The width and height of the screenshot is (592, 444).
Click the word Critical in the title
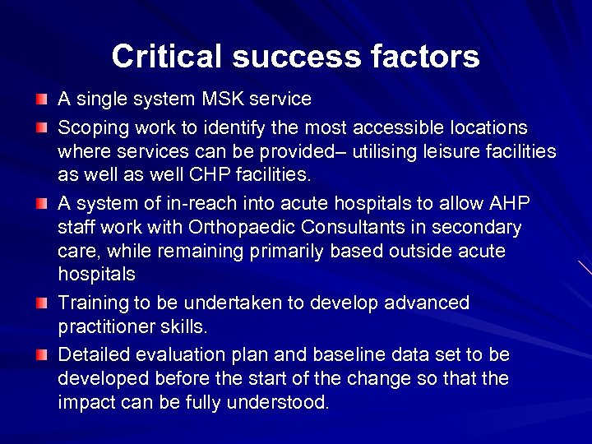click(167, 56)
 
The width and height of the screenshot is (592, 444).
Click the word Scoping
click(90, 128)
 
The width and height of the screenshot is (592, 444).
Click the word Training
click(90, 303)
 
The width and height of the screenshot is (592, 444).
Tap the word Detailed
click(91, 355)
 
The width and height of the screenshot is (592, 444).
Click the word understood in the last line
click(284, 402)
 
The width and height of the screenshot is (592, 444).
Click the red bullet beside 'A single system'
click(42, 100)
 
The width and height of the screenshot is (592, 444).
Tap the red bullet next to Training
click(42, 303)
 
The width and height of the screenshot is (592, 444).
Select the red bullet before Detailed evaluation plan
click(42, 356)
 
